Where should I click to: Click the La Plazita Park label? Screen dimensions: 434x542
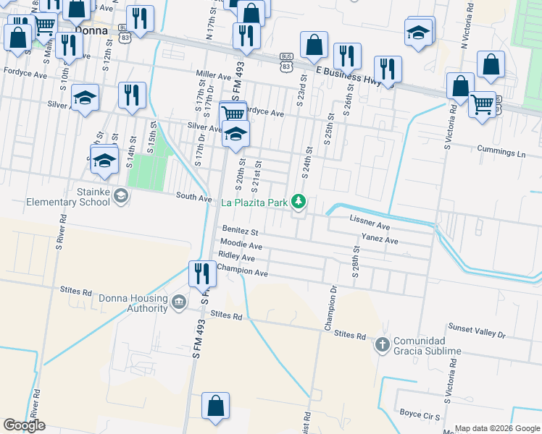click(x=254, y=203)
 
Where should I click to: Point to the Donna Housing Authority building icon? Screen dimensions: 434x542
click(x=179, y=301)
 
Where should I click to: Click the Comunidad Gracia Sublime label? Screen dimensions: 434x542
click(x=427, y=346)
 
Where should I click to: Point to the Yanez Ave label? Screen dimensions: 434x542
click(x=380, y=240)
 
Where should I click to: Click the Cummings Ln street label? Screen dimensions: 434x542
click(x=501, y=153)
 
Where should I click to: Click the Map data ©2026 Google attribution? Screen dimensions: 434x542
click(x=497, y=428)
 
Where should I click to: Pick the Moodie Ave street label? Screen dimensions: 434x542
click(x=241, y=246)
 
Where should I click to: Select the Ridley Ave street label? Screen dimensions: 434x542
click(x=237, y=257)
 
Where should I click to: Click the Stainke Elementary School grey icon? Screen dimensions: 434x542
click(x=121, y=196)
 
